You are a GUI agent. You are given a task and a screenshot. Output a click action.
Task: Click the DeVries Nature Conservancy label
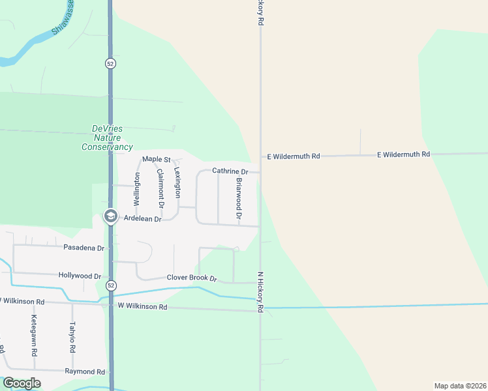107,138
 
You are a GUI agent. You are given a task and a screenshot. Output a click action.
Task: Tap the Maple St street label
156,159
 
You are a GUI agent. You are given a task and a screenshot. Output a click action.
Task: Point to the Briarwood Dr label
239,198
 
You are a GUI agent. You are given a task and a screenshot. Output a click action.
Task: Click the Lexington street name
177,182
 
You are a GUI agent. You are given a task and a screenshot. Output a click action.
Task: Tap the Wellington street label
137,189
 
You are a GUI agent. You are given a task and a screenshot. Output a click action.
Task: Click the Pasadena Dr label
84,248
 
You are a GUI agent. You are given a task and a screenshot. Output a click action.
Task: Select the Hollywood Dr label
80,276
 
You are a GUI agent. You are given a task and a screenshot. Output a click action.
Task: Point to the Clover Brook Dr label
191,278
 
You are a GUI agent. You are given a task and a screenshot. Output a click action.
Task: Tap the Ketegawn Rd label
34,333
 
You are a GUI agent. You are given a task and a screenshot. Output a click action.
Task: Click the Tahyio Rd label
72,338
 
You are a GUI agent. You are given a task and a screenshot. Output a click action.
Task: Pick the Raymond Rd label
85,371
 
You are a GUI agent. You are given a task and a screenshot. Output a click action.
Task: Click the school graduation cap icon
111,216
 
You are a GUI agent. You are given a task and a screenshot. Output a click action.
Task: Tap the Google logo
22,383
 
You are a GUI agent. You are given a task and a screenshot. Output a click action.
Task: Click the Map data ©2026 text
460,385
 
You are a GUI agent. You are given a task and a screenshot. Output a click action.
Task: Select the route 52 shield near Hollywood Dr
111,285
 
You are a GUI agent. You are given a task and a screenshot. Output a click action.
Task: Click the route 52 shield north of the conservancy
110,63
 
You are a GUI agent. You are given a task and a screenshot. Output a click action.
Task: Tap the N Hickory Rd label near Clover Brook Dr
260,291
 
